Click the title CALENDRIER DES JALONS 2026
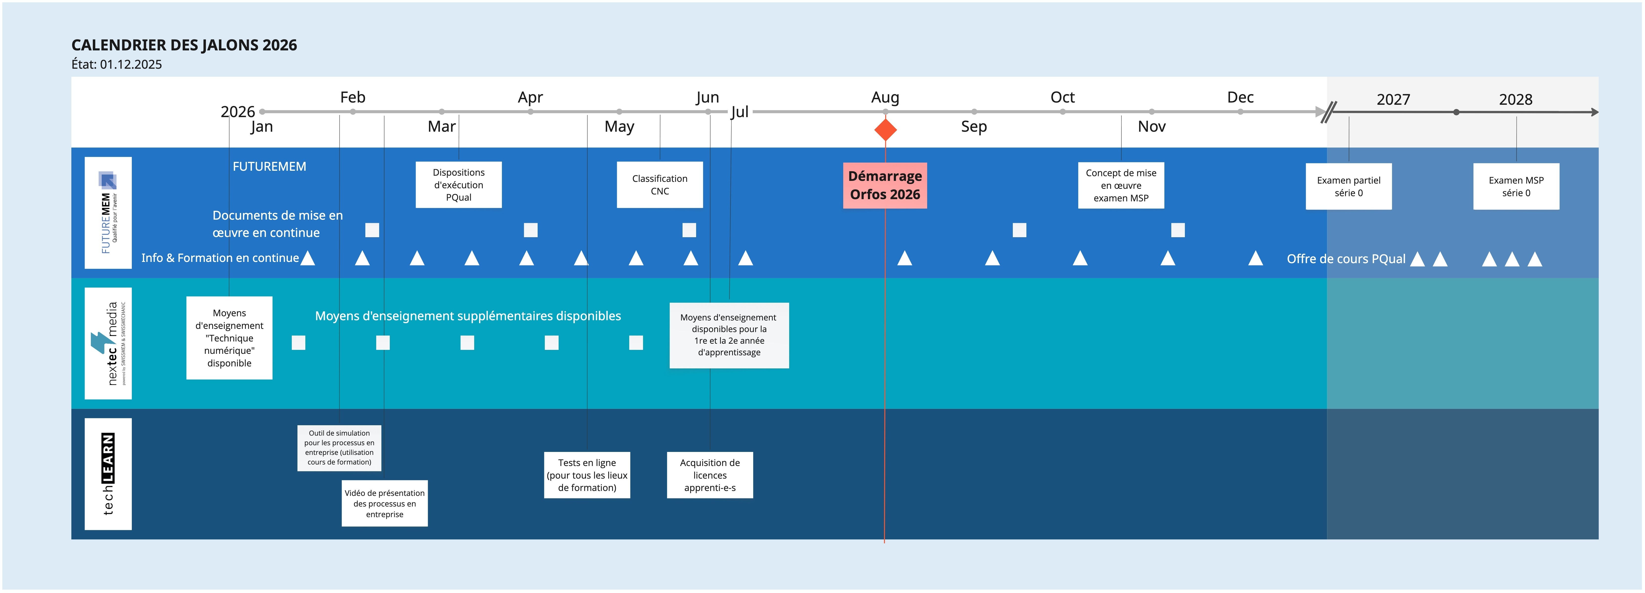[184, 45]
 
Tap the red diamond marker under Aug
[885, 130]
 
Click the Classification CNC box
[660, 185]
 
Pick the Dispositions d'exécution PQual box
[458, 185]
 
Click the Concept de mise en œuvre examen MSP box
[1121, 185]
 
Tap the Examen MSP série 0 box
[1516, 187]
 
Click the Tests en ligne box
[587, 475]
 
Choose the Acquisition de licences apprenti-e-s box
[709, 475]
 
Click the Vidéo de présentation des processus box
[384, 504]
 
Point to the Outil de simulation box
[339, 448]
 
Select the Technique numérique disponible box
[229, 338]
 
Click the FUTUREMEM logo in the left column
[108, 213]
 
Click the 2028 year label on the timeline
[1515, 100]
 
